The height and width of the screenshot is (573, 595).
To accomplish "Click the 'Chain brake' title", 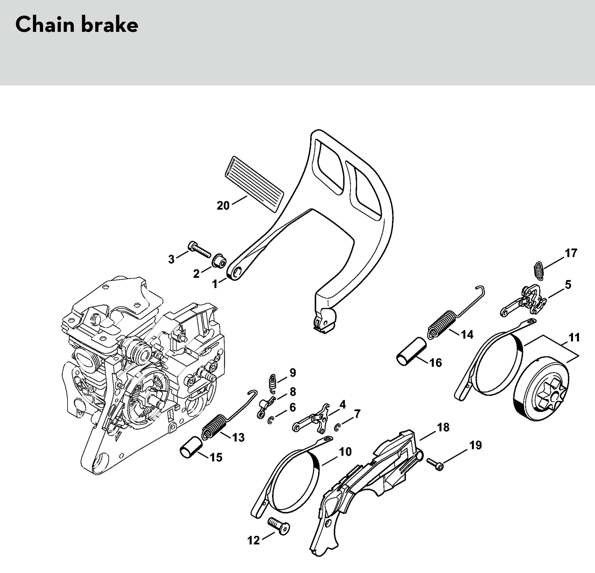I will [77, 25].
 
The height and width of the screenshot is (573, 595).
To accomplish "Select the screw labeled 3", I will [199, 249].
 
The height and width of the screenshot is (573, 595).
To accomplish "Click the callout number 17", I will [571, 253].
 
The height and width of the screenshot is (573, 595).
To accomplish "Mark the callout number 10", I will [345, 452].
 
